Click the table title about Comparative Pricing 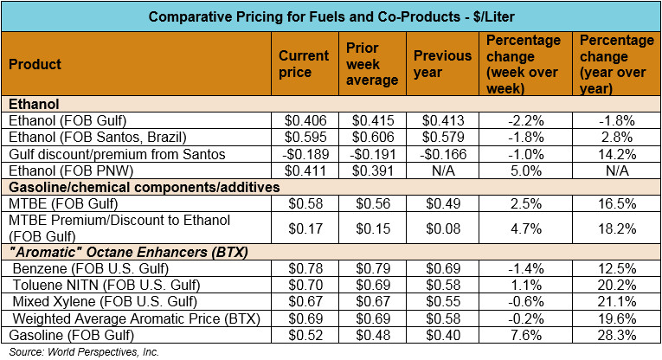[331, 16]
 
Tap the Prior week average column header [372, 64]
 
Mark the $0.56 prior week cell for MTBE [371, 203]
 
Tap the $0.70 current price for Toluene [303, 285]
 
